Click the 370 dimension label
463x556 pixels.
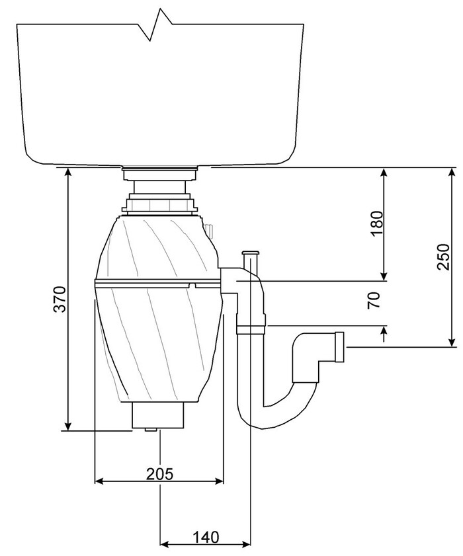tap(60, 299)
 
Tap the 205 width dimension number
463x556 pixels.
tap(160, 473)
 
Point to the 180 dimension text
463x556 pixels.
tap(377, 223)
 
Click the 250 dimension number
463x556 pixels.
tap(443, 257)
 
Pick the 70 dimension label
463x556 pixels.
tap(374, 299)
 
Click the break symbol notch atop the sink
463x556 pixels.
tap(155, 26)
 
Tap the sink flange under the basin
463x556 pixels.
tap(159, 174)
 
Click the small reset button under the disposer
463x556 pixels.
tap(151, 430)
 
